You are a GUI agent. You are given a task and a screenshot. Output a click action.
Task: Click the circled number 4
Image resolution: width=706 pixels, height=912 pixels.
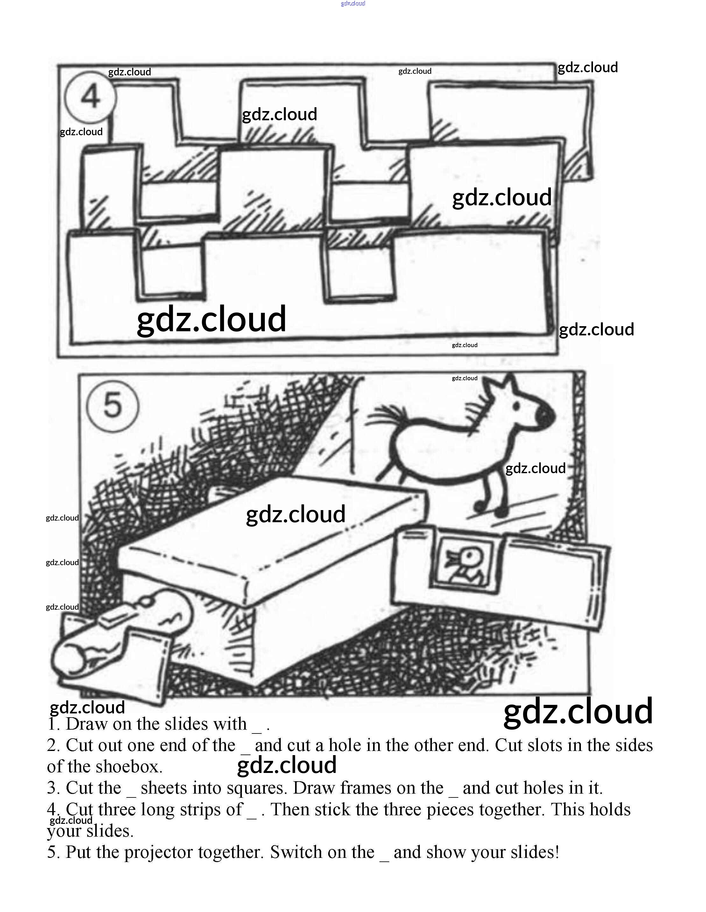click(x=90, y=96)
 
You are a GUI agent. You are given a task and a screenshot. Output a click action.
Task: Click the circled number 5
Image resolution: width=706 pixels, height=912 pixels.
click(x=112, y=406)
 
